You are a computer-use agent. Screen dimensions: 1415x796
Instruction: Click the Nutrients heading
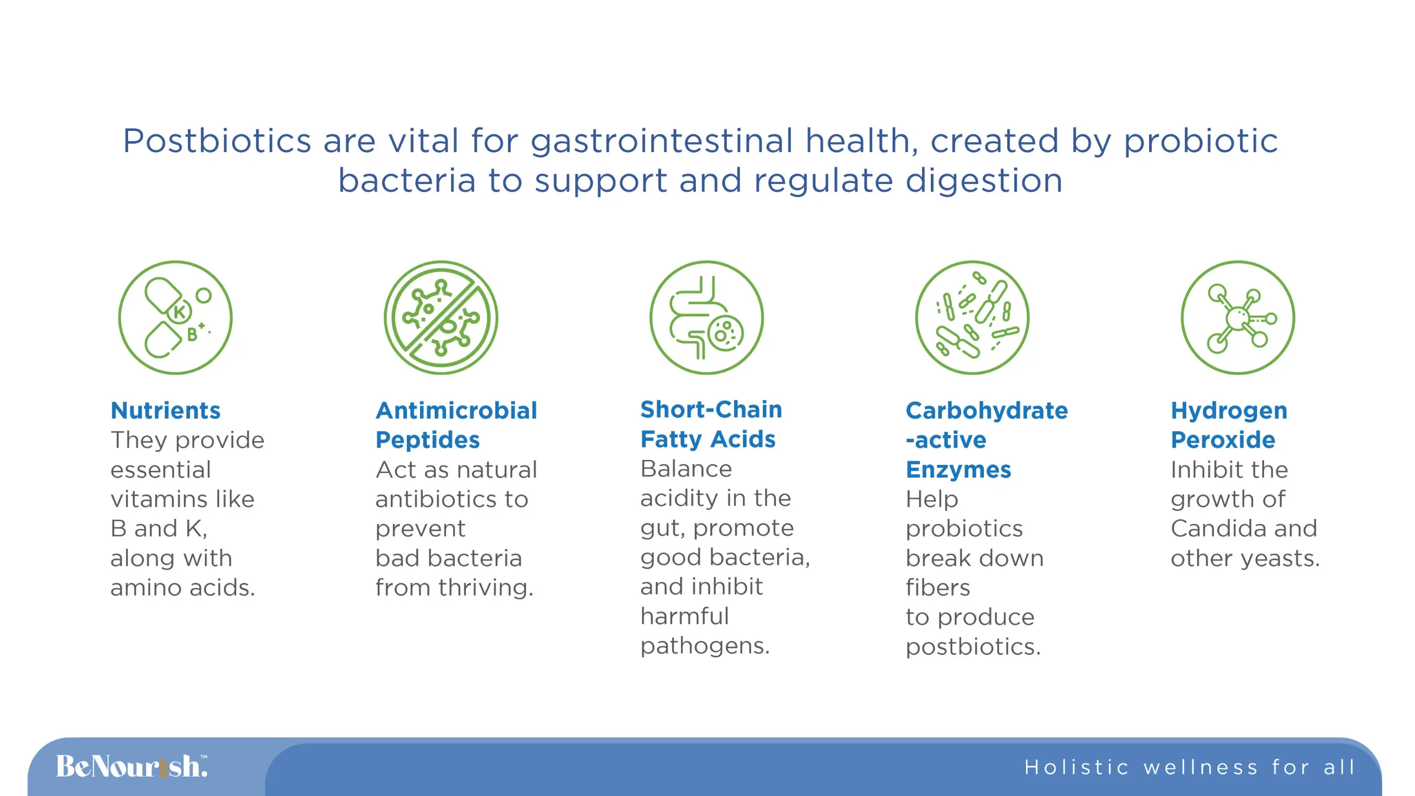(x=165, y=411)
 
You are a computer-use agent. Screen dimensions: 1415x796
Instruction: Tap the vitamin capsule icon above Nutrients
(x=175, y=317)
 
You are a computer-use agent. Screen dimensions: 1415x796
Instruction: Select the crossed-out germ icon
(x=441, y=317)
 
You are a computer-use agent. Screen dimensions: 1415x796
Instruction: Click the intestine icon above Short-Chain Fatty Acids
(x=706, y=317)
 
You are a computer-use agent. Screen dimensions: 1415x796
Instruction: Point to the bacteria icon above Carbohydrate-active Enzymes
(x=972, y=317)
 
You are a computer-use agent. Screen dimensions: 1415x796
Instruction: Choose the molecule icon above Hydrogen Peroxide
(x=1238, y=317)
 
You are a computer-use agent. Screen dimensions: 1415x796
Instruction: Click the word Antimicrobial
(x=456, y=411)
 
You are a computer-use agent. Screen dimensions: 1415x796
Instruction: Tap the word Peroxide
(x=1223, y=440)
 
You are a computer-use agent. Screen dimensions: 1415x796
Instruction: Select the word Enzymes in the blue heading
(x=958, y=470)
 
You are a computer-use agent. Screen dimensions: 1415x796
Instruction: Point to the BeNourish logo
(x=132, y=767)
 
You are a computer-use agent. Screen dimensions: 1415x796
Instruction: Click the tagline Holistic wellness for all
(x=1189, y=767)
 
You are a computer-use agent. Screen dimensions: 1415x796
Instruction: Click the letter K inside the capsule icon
(x=179, y=312)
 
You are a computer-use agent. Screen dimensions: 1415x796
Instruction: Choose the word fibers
(x=937, y=588)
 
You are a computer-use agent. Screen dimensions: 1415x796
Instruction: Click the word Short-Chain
(x=711, y=410)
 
